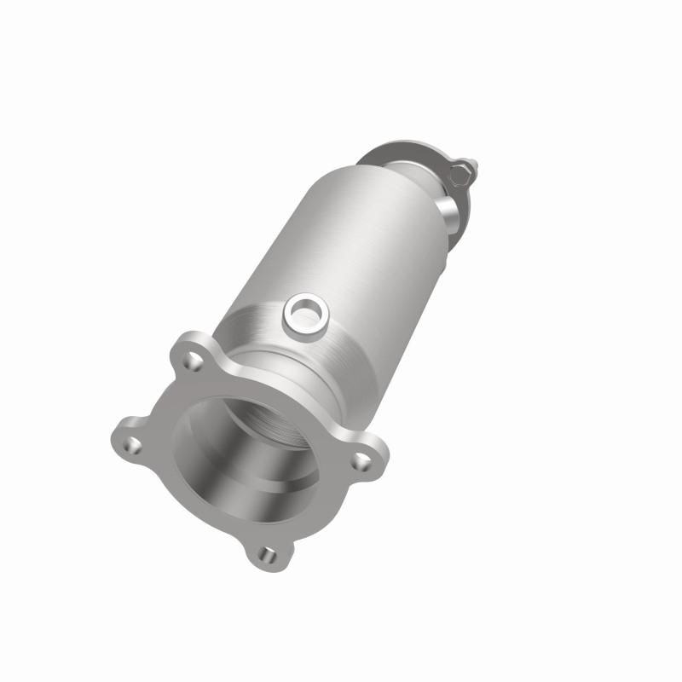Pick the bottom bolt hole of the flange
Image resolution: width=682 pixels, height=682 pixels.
268,556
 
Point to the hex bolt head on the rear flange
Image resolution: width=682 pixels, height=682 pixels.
459,176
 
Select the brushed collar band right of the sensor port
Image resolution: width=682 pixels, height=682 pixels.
358,341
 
